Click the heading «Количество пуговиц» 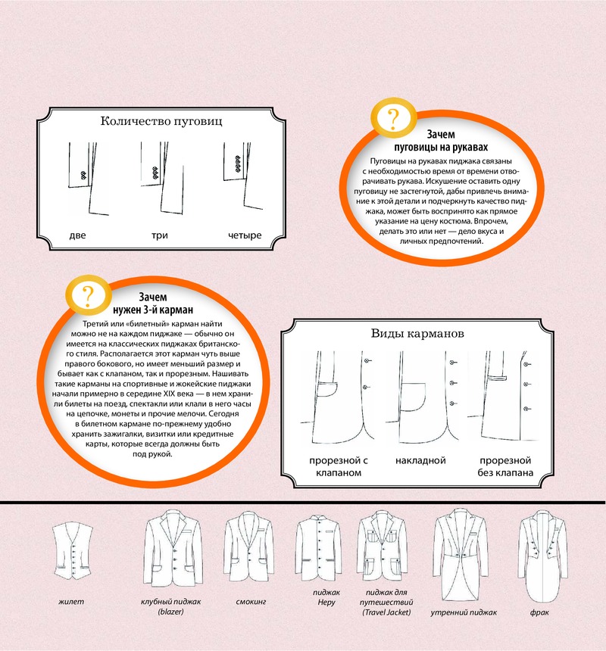click(x=161, y=121)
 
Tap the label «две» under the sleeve click(x=77, y=235)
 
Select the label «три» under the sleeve click(x=160, y=235)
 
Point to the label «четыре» click(x=245, y=235)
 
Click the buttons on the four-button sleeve click(x=238, y=164)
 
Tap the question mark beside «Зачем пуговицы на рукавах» click(x=393, y=119)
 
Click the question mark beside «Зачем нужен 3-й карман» click(x=88, y=296)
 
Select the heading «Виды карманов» click(x=417, y=333)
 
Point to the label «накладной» click(x=420, y=460)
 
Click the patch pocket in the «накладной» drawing click(x=413, y=397)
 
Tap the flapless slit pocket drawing click(x=497, y=378)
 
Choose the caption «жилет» click(x=71, y=602)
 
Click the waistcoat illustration click(x=73, y=551)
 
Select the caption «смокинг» click(x=251, y=602)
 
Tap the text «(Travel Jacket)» click(x=386, y=612)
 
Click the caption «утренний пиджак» click(x=464, y=612)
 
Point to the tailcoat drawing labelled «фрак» click(x=542, y=556)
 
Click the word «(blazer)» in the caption click(x=170, y=612)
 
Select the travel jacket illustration click(x=382, y=546)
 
